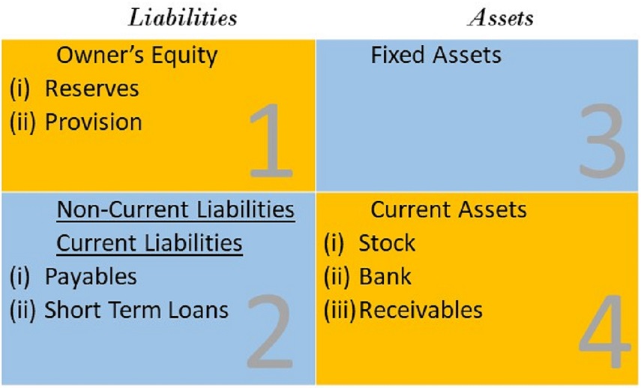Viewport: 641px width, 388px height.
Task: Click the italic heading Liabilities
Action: [182, 18]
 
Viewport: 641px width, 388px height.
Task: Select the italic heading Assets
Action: [500, 18]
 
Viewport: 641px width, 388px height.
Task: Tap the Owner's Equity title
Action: [137, 56]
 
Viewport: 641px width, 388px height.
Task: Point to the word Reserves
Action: [92, 89]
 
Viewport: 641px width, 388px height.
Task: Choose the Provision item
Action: [94, 122]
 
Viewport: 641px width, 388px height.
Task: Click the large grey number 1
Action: [271, 140]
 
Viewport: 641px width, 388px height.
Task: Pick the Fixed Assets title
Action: [436, 56]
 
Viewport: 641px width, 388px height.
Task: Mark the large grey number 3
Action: [603, 140]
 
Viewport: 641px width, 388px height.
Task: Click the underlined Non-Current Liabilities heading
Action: [175, 209]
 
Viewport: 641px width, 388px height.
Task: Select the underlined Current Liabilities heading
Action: [150, 243]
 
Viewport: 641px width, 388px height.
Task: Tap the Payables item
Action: [91, 277]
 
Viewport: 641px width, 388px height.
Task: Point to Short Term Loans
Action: [136, 310]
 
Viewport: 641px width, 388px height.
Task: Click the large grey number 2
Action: [270, 332]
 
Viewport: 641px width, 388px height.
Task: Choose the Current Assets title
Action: [448, 209]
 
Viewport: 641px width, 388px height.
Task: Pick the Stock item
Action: [387, 243]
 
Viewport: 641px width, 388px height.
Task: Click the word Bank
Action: [385, 277]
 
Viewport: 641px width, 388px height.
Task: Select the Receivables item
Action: [421, 310]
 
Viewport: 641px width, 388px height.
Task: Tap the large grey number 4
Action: [604, 332]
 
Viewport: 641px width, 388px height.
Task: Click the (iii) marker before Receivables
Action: [340, 310]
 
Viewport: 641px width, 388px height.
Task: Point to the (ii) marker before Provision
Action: [22, 122]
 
